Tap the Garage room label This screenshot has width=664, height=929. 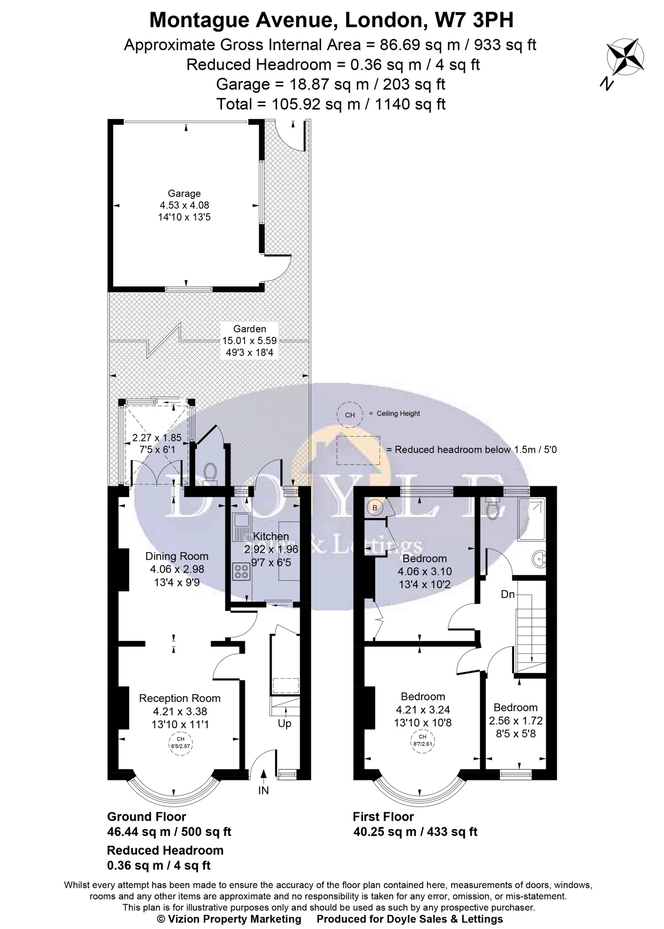[184, 193]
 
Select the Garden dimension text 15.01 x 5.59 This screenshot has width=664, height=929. [250, 340]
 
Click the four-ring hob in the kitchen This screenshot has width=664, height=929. [241, 571]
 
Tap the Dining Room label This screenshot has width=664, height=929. [177, 556]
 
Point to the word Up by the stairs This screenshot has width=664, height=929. [284, 724]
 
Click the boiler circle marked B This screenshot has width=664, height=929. [374, 508]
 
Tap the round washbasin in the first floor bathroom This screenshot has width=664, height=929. [540, 558]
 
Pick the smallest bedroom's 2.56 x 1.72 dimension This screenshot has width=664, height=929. [515, 721]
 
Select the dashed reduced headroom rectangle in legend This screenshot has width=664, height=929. [358, 450]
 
